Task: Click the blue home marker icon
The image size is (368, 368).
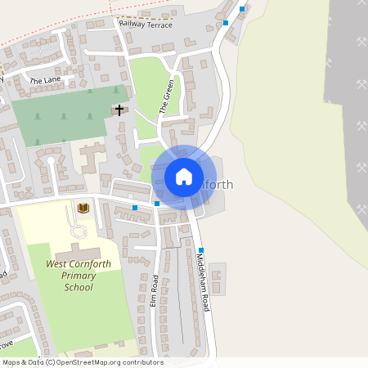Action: (183, 176)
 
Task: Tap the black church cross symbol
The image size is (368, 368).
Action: (119, 109)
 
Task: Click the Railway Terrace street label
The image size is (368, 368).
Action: (146, 25)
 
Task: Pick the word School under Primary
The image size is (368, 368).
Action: (78, 287)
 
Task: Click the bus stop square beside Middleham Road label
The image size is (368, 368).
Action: (200, 250)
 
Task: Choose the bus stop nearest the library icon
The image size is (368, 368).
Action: (135, 208)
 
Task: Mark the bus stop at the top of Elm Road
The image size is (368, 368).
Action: (156, 203)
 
